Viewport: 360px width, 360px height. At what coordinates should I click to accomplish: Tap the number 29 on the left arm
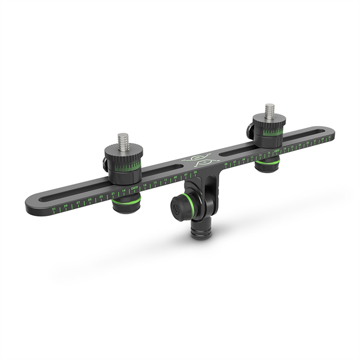pyautogui.click(x=66, y=206)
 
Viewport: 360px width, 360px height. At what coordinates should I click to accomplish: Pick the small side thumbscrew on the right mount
pyautogui.click(x=248, y=130)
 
